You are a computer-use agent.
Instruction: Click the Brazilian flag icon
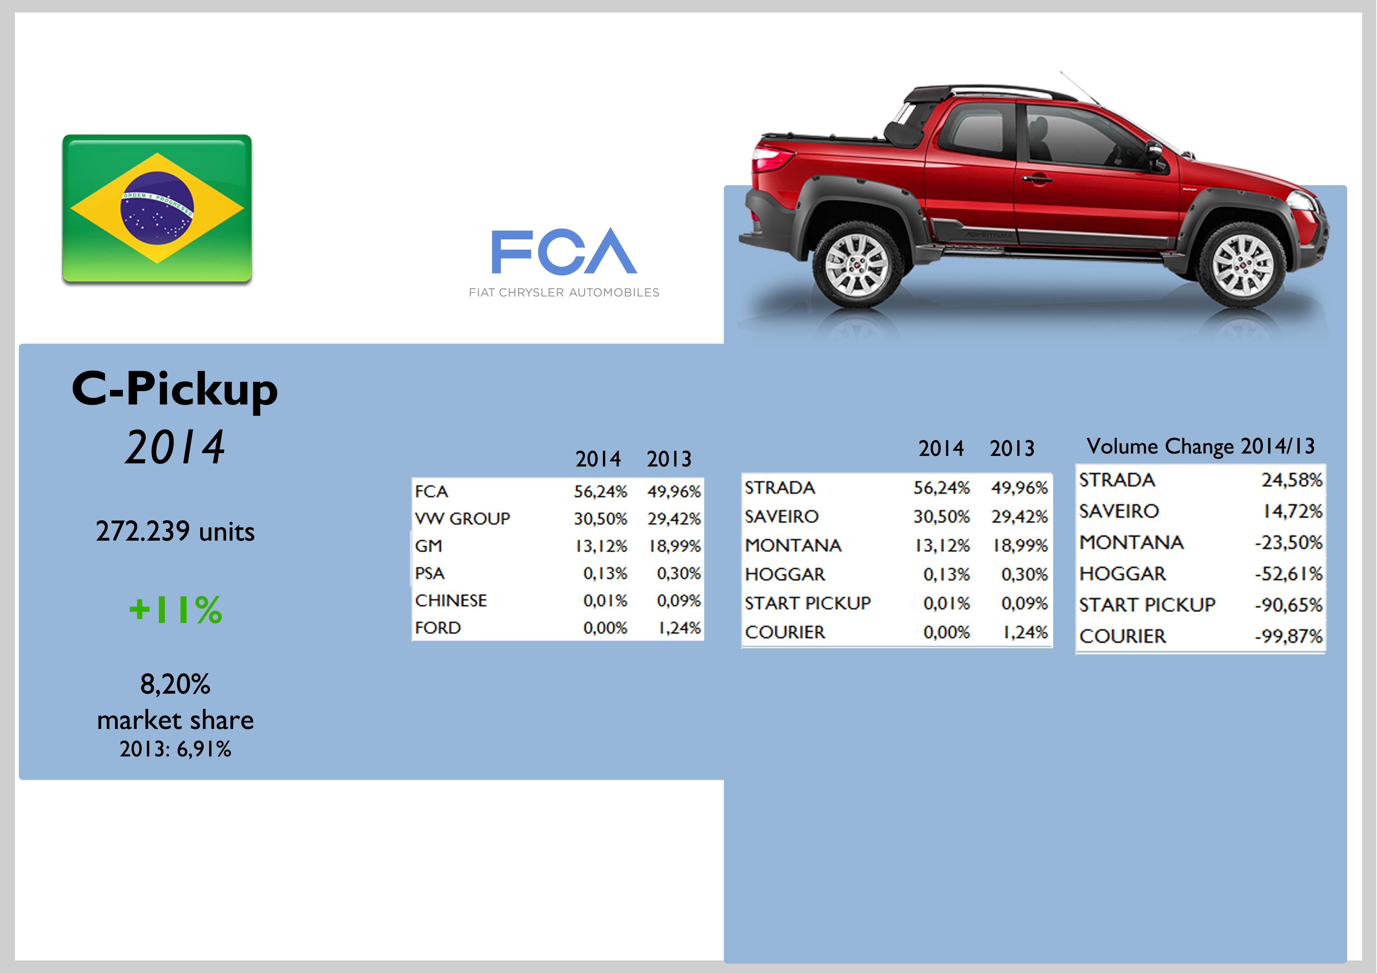tap(157, 209)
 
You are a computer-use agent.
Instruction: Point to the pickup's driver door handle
tap(1037, 178)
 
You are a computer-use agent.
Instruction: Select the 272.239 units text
tap(175, 531)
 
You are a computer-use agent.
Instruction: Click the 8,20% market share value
tap(175, 684)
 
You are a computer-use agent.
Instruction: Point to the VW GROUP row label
tap(462, 519)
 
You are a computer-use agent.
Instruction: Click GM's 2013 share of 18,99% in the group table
tap(675, 546)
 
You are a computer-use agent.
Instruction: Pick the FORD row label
tap(438, 628)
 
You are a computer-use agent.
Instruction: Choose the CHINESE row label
tap(451, 601)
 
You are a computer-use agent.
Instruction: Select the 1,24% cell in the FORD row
tap(679, 628)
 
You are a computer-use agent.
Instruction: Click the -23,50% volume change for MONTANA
tap(1288, 543)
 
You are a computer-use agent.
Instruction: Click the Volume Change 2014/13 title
tap(1201, 446)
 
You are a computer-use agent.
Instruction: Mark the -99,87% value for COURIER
tap(1288, 636)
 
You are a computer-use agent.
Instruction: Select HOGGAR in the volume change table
tap(1123, 574)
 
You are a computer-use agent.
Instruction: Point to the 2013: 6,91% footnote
tap(175, 749)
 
